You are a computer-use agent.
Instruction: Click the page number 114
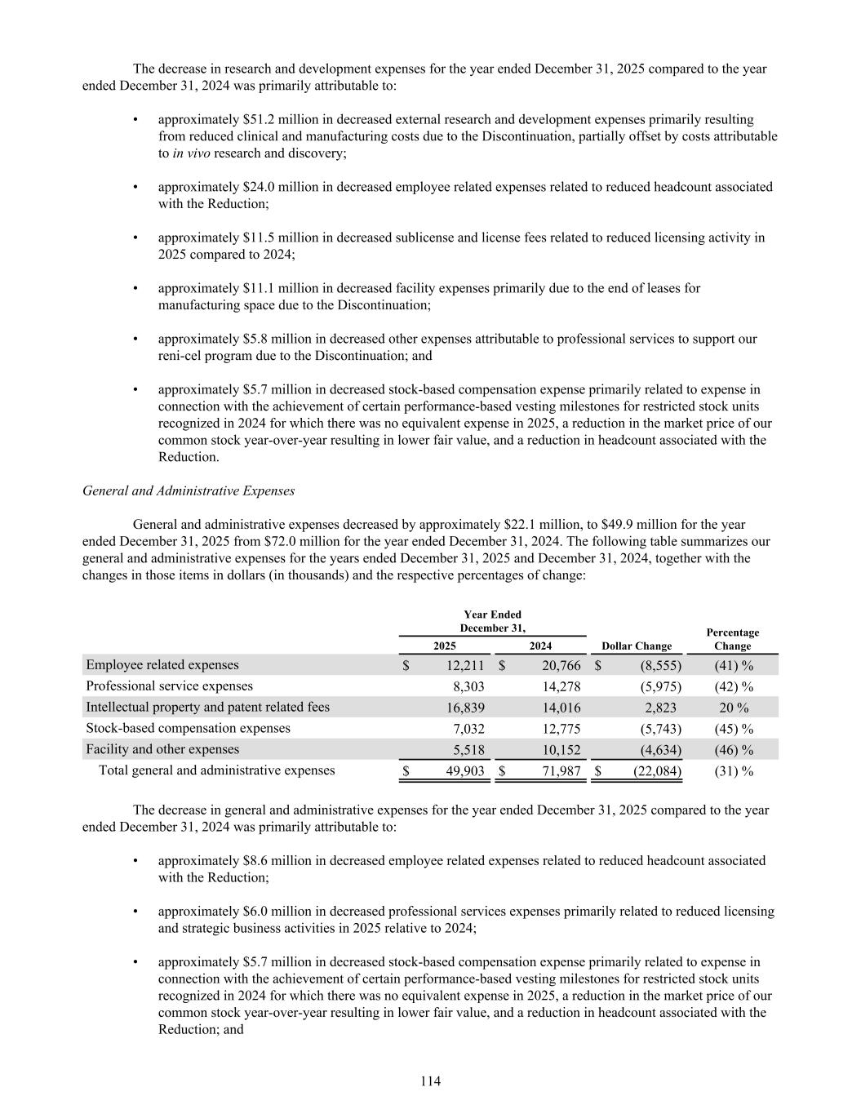click(430, 1081)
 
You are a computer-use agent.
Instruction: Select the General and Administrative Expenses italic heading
click(189, 491)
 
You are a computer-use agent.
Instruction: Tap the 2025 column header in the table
click(444, 646)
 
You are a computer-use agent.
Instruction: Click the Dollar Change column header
click(637, 646)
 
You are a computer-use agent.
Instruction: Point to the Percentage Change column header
click(732, 639)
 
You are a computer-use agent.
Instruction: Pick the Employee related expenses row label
click(162, 665)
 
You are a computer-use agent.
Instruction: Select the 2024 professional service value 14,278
click(561, 687)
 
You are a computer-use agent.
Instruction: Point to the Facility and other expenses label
click(162, 749)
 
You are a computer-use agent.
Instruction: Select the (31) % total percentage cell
click(733, 771)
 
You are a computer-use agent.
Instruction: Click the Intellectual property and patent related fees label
click(207, 708)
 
